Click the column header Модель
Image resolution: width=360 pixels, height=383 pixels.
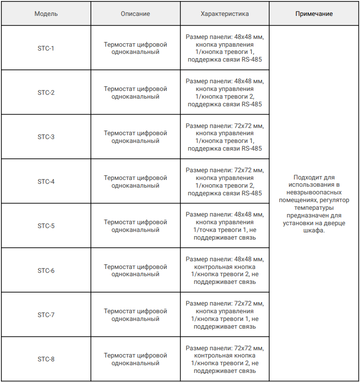click(46, 14)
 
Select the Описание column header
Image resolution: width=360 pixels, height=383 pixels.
click(135, 14)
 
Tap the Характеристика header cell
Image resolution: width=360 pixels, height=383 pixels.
click(224, 14)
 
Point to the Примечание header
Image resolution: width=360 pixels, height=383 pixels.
click(314, 14)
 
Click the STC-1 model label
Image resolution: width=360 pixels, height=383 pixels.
click(46, 48)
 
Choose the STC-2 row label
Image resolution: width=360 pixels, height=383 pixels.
click(46, 92)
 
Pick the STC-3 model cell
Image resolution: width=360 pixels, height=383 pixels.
click(46, 137)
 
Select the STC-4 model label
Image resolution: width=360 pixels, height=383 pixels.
click(46, 181)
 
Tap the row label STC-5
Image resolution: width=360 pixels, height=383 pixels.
click(46, 226)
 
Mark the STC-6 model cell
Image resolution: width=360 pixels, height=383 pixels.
click(46, 270)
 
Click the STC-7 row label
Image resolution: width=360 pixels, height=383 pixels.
click(46, 315)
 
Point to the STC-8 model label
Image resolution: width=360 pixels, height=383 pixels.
click(46, 359)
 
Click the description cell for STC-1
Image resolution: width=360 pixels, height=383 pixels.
click(135, 48)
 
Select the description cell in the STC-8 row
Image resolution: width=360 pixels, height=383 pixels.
click(135, 359)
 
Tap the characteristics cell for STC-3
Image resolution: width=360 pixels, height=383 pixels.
click(224, 137)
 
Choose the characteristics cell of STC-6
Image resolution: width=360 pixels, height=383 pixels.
click(224, 270)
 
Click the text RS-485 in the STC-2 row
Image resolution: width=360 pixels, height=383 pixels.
click(251, 104)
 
